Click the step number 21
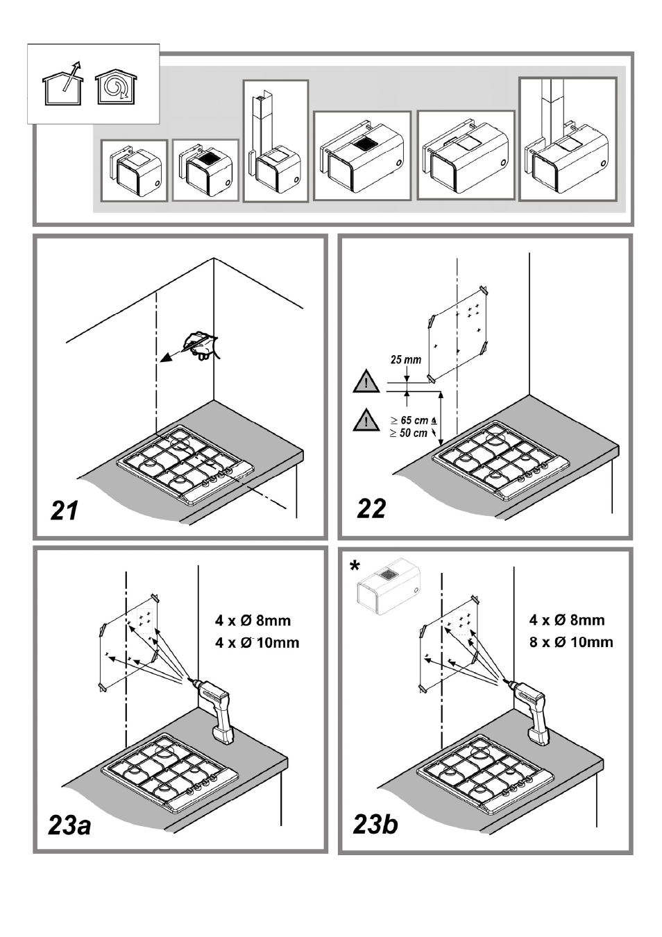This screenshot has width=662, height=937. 65,510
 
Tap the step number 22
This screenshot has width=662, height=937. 371,508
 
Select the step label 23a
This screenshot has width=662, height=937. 70,825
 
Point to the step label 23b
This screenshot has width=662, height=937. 375,824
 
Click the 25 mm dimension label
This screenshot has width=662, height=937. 406,360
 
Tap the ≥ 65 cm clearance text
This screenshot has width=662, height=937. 413,420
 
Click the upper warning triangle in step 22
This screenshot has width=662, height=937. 366,382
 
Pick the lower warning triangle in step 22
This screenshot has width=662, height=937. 366,420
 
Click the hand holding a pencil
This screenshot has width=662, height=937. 200,345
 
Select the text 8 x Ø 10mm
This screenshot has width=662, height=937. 571,642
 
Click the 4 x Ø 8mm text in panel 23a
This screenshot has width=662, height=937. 253,621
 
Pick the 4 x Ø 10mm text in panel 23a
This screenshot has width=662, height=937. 257,642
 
